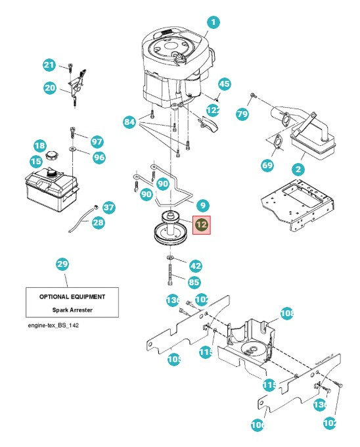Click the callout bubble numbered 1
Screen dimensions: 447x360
(213, 22)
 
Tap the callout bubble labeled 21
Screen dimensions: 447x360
(49, 65)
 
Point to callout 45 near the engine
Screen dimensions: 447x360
(225, 84)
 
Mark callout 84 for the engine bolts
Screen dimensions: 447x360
(129, 122)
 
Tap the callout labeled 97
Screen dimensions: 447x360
(97, 142)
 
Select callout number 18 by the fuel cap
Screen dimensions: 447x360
(39, 145)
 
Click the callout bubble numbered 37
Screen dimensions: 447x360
(109, 208)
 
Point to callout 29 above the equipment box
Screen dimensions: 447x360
(62, 264)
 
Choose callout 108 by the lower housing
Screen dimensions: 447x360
(286, 314)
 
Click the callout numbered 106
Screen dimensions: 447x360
(258, 425)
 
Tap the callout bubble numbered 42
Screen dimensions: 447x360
(195, 266)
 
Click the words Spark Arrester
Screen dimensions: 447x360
(72, 309)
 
